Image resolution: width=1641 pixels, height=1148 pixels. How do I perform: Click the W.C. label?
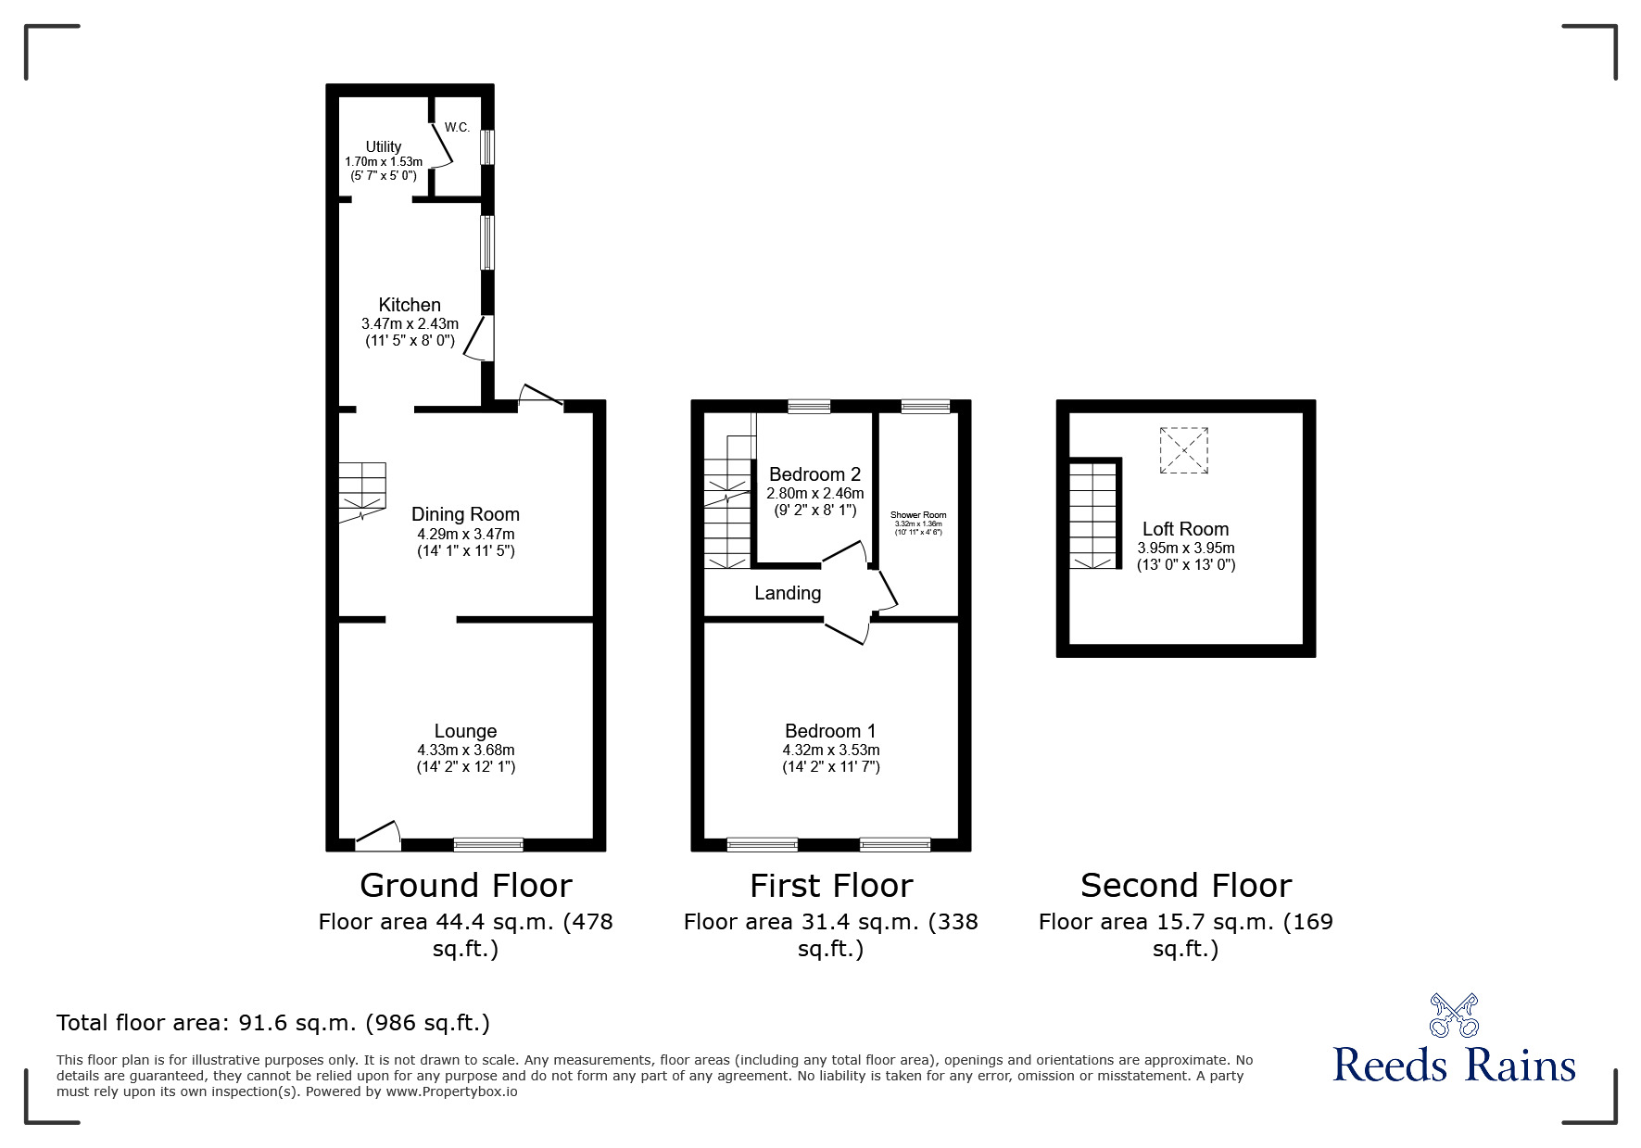point(457,127)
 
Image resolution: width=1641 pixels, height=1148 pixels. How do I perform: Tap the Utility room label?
point(383,146)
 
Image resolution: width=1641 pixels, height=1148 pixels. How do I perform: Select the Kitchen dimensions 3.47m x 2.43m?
point(410,323)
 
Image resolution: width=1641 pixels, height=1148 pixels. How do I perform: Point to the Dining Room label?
point(465,514)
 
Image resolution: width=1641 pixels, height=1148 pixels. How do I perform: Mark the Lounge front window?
point(488,844)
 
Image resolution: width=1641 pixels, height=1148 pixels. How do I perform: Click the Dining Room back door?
point(540,397)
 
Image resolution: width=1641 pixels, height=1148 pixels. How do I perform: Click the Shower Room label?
point(917,515)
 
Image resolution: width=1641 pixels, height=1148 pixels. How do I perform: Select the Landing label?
point(788,593)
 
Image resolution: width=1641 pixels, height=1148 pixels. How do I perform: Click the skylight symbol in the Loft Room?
point(1184,450)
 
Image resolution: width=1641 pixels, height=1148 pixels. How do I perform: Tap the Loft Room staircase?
point(1094,515)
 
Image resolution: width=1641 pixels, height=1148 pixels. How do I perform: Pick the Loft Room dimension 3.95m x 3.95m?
point(1185,548)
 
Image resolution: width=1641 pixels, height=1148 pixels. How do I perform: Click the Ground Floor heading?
point(465,886)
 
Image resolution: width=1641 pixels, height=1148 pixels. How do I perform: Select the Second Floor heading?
point(1185,886)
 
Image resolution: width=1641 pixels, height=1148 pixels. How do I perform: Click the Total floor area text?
point(273,1023)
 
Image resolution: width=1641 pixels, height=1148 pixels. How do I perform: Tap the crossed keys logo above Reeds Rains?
point(1454,1015)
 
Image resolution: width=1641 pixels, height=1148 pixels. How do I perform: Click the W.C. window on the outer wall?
point(487,146)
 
